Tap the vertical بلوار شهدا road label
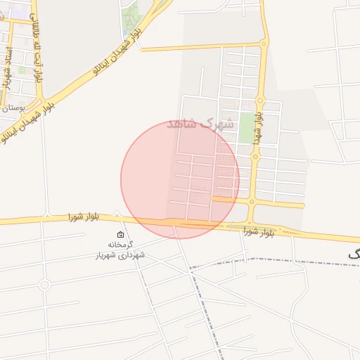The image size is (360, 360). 259,121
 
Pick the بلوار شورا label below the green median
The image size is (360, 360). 259,231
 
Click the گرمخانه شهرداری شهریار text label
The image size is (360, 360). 120,250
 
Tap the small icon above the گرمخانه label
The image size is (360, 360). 120,235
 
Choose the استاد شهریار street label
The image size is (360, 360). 8,67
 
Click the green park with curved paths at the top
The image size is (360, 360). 130,17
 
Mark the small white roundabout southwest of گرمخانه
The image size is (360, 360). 44,285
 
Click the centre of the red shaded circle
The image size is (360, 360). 180,179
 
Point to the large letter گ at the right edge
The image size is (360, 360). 354,255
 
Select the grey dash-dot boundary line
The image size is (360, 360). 281,260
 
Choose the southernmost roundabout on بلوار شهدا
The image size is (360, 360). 252,202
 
